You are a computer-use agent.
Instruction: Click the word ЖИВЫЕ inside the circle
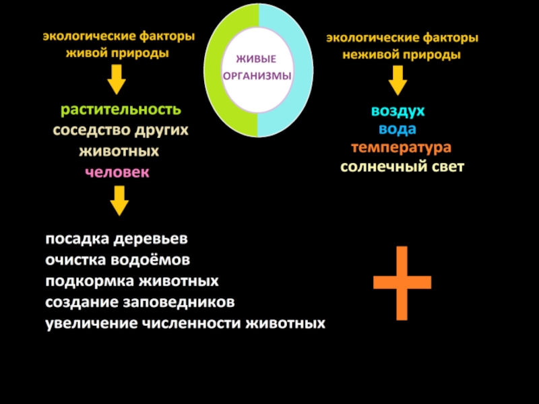259,60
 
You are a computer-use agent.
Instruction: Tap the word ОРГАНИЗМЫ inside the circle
258,76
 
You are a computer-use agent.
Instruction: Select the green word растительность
121,109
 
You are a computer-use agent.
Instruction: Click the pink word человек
117,172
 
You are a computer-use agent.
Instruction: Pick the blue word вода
398,129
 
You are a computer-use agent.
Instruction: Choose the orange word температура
401,147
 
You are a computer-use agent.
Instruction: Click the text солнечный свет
402,166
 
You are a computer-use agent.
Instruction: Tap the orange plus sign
402,283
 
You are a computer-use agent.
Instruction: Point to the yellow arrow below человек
119,201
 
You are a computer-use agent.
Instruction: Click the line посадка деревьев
117,240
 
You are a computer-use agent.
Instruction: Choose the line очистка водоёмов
118,260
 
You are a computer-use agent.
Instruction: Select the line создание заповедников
140,302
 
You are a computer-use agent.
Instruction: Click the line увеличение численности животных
185,323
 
